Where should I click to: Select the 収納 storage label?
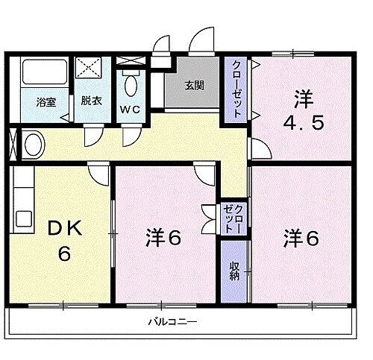tap(234, 271)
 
